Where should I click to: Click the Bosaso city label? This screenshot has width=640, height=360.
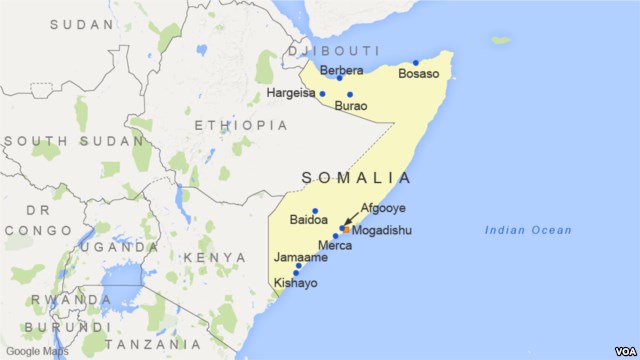(x=418, y=74)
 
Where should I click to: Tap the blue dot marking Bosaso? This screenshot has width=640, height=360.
(x=416, y=63)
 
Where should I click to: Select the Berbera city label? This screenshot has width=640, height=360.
(x=341, y=70)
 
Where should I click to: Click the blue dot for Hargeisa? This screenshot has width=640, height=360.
(x=322, y=94)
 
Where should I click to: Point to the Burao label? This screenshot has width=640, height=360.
(x=351, y=105)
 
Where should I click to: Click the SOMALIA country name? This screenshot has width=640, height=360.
(x=356, y=178)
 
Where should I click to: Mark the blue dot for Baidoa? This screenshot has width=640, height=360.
(x=315, y=211)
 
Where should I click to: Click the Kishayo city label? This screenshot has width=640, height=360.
(x=295, y=284)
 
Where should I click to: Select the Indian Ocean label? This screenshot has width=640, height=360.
(x=528, y=231)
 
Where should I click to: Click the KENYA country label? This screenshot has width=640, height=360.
(x=215, y=258)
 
